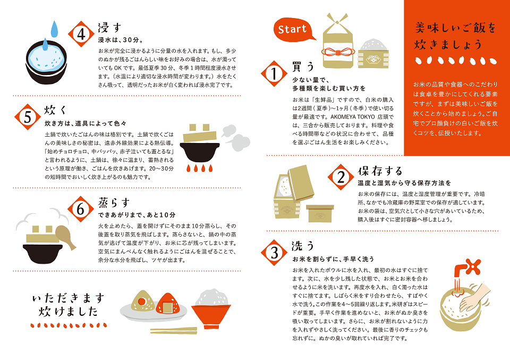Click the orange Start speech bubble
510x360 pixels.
coord(293,30)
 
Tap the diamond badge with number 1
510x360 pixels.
coord(274,73)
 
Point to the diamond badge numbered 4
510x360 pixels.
coord(81,34)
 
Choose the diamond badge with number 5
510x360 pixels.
coord(28,117)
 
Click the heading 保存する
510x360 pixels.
coord(380,171)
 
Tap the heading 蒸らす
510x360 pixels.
coord(114,203)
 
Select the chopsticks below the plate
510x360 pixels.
coord(173,330)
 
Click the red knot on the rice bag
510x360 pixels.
coord(337,52)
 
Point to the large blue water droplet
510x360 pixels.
coord(54,29)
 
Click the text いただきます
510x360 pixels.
coord(69,298)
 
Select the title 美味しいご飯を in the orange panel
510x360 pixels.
coord(455,28)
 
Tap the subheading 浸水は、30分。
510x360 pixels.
coord(121,40)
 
